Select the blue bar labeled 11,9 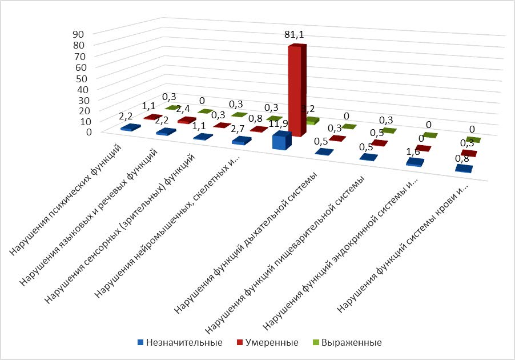click(281, 141)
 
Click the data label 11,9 click(280, 124)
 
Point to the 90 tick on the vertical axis click(79, 34)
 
